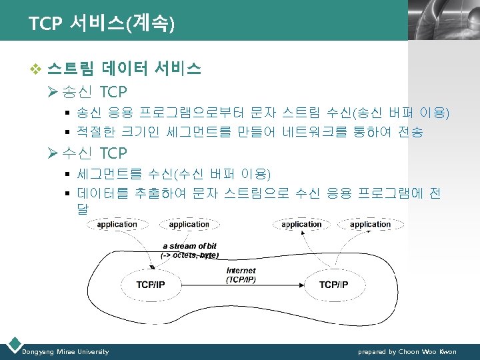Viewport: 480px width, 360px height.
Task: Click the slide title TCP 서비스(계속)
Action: [x=102, y=24]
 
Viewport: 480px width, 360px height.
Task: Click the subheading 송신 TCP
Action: [x=93, y=91]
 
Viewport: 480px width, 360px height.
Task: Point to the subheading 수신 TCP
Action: [x=93, y=153]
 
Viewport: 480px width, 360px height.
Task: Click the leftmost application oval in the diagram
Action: [x=117, y=225]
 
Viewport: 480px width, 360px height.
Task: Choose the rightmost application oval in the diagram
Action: [x=370, y=225]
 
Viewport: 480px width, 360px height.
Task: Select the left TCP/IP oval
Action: [x=151, y=285]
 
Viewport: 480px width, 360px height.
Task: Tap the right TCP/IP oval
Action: [x=333, y=285]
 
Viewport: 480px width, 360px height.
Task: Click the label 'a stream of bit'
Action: [x=190, y=246]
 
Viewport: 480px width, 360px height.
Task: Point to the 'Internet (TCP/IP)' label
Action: [x=241, y=275]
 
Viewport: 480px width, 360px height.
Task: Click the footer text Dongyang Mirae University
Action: [x=65, y=352]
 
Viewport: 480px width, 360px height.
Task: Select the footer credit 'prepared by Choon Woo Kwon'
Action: [x=407, y=352]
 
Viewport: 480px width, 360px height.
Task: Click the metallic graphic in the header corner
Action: [x=443, y=20]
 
